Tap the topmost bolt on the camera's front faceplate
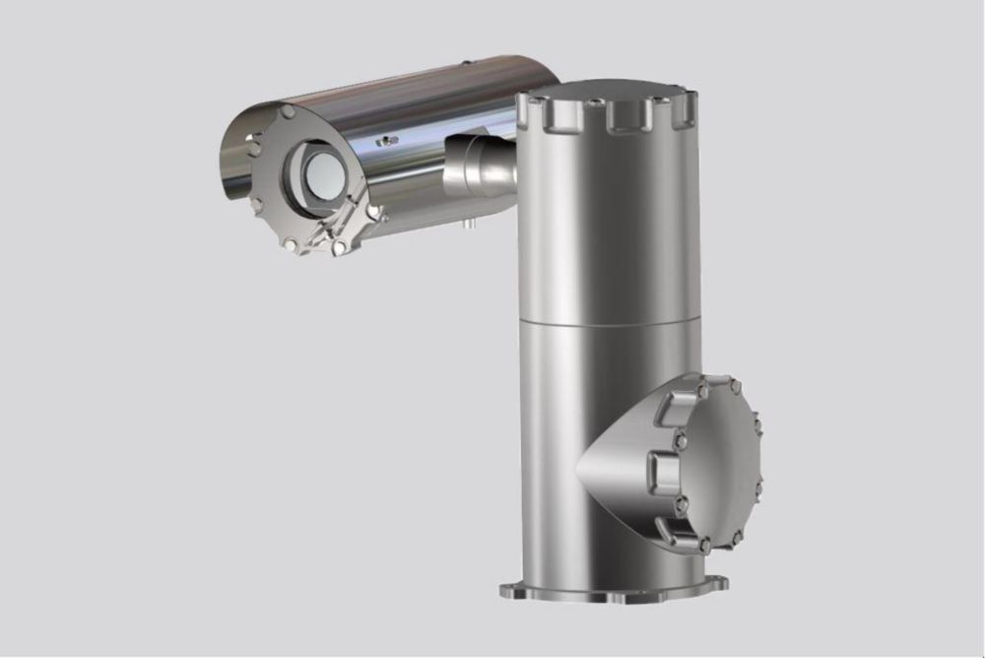(x=288, y=113)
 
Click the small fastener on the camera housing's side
(x=390, y=141)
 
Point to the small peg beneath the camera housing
(x=470, y=224)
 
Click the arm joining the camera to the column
(x=480, y=163)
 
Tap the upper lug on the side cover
(x=684, y=407)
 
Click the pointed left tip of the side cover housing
(x=582, y=464)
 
